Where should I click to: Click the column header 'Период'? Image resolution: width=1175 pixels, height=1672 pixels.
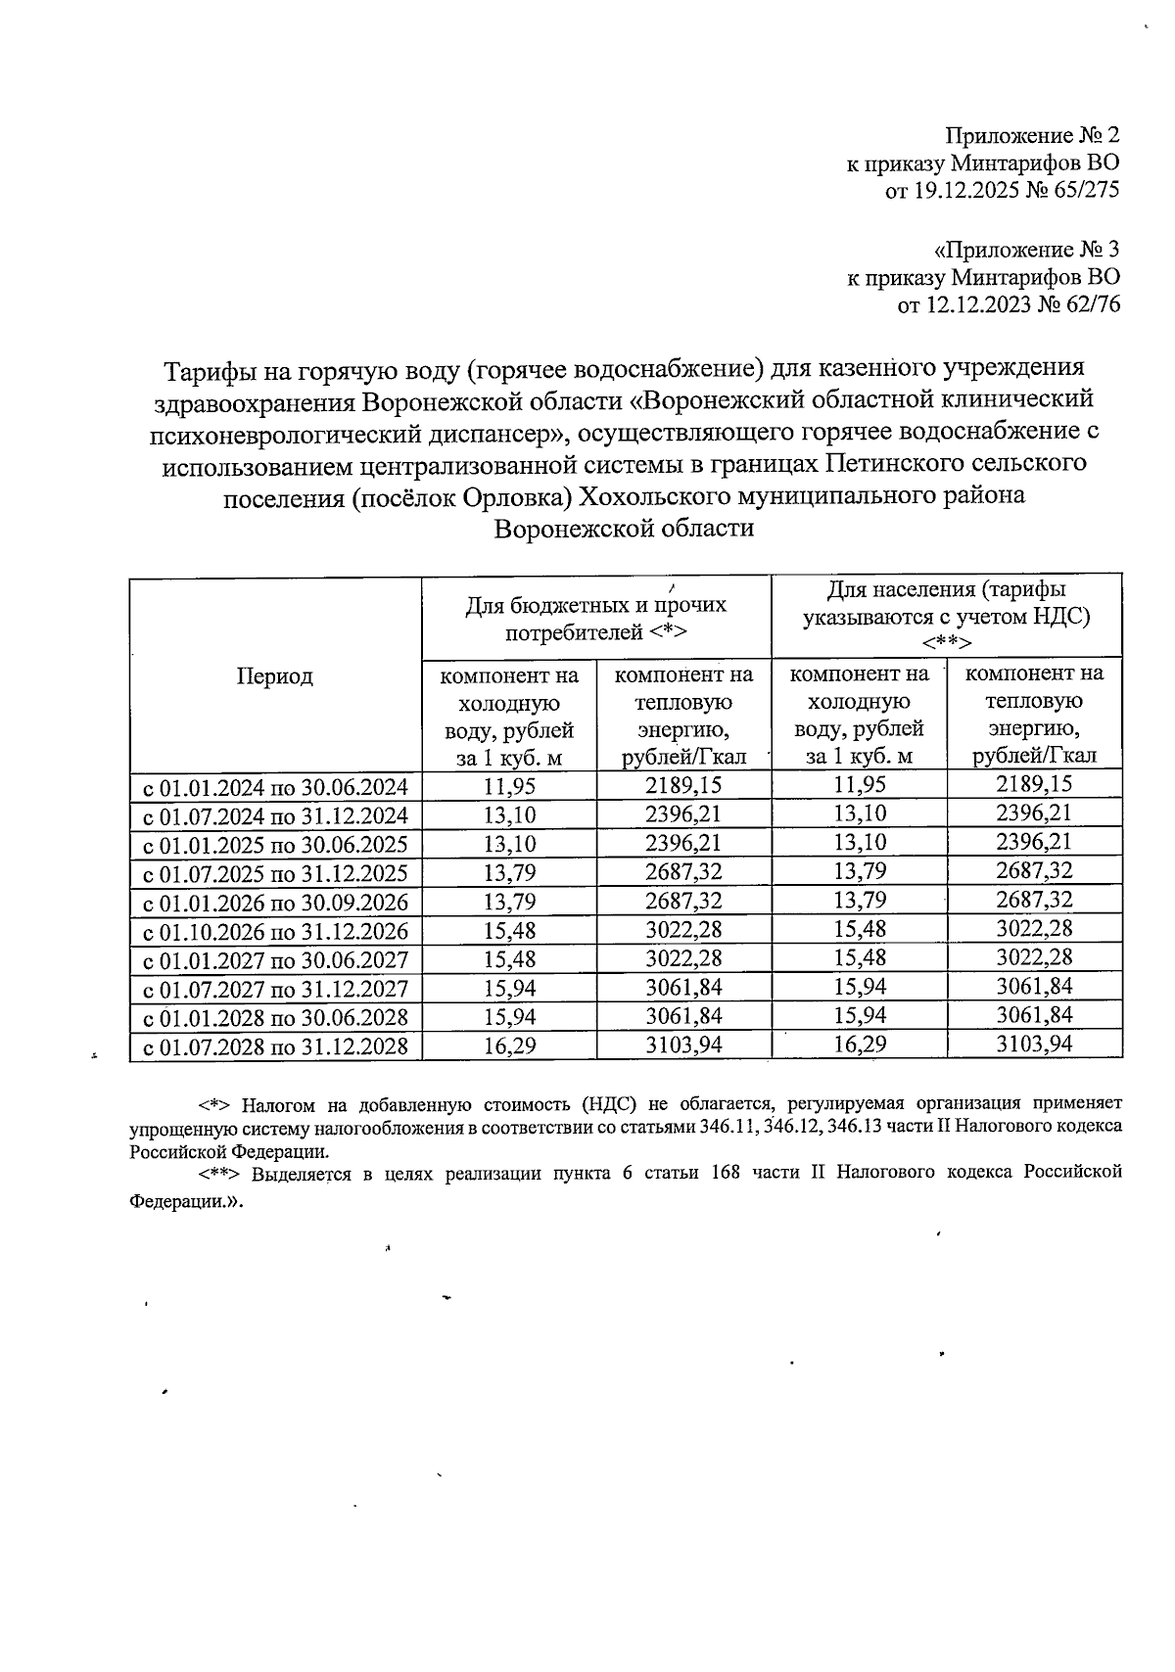(274, 676)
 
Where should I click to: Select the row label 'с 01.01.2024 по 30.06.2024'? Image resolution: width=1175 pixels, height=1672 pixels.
(276, 786)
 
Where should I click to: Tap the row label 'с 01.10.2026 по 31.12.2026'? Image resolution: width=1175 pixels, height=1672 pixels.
(276, 931)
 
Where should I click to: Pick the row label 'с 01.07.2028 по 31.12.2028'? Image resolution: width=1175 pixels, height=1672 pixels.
(276, 1046)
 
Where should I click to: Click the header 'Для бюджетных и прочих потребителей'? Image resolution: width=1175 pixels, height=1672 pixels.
(595, 618)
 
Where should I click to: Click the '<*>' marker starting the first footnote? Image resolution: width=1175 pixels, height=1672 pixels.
(213, 1105)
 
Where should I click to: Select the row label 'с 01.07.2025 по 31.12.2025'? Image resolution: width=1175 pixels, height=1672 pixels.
(276, 873)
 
